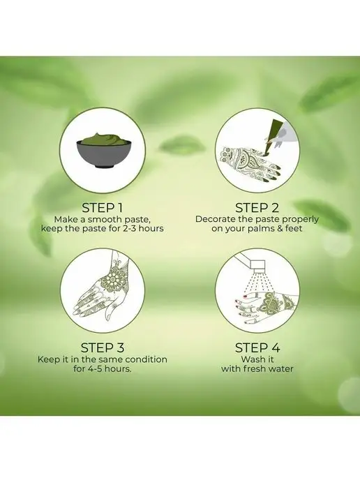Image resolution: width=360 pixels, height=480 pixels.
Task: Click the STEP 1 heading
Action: click(103, 208)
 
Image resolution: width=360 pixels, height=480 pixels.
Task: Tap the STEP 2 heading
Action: click(257, 208)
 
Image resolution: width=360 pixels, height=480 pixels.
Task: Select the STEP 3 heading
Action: click(103, 347)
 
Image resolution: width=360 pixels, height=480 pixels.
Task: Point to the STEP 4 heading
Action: click(257, 347)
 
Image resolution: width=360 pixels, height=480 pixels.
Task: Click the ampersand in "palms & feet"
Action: click(280, 228)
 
